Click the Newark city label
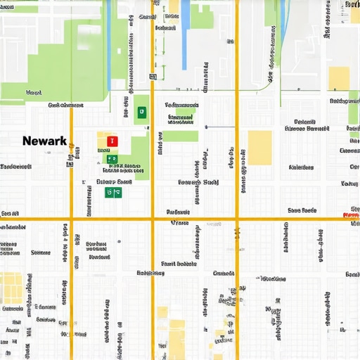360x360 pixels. (x=44, y=141)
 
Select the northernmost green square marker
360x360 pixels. (x=141, y=111)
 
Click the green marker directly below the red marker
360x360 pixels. (x=111, y=159)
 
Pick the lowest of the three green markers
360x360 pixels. (x=109, y=192)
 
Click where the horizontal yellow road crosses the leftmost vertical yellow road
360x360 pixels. (x=71, y=219)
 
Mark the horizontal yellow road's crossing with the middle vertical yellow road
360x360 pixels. (x=152, y=219)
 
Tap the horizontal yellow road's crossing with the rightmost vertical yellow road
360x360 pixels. (x=237, y=219)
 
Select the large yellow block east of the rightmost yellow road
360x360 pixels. (x=259, y=148)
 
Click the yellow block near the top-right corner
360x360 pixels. (x=339, y=78)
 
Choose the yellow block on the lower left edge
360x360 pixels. (x=11, y=288)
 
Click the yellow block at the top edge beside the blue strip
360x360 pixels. (x=173, y=6)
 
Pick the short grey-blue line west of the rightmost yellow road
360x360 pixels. (x=220, y=127)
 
